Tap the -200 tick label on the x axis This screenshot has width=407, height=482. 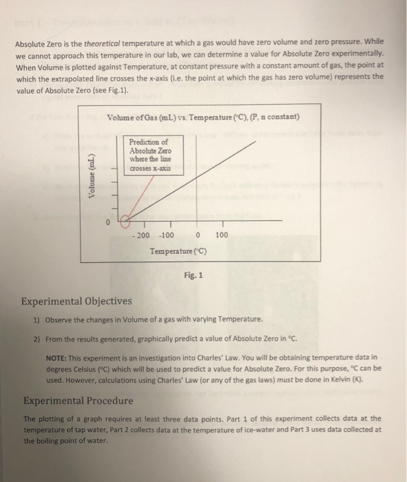(141, 235)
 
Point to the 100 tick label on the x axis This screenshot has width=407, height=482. (221, 235)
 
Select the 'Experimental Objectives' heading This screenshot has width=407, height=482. (76, 302)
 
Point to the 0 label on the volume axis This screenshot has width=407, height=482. (107, 222)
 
